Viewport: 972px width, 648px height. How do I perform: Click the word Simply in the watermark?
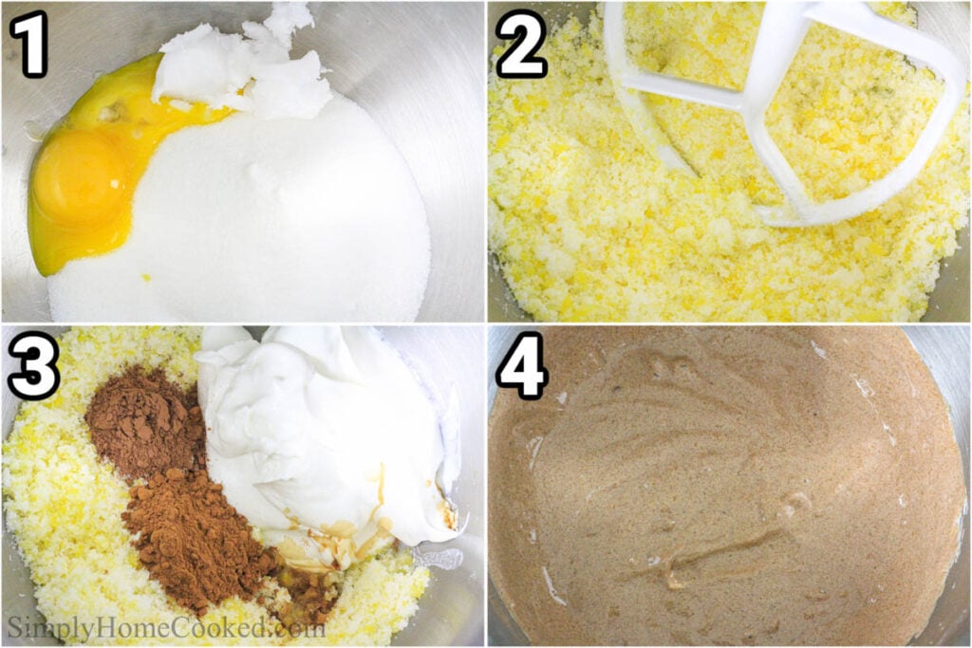[x=47, y=627]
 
